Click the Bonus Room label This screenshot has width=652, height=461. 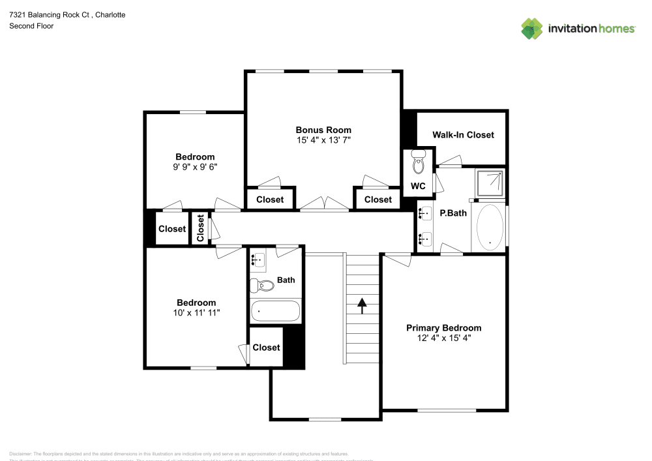pyautogui.click(x=323, y=130)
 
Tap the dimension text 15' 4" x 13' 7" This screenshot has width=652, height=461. pyautogui.click(x=323, y=140)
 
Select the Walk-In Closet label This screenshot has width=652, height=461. pyautogui.click(x=463, y=135)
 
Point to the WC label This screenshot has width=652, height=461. pyautogui.click(x=418, y=186)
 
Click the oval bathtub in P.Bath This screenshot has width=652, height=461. pyautogui.click(x=490, y=227)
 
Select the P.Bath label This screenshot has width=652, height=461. pyautogui.click(x=453, y=213)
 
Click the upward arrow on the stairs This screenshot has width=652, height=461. pyautogui.click(x=361, y=303)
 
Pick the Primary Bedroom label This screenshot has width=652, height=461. pyautogui.click(x=443, y=328)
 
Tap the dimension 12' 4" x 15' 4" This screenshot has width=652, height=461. pyautogui.click(x=443, y=338)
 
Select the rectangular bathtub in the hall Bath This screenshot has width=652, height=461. pyautogui.click(x=275, y=311)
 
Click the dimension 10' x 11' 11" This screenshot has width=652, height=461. pyautogui.click(x=196, y=313)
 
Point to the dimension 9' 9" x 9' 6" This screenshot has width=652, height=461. pyautogui.click(x=195, y=167)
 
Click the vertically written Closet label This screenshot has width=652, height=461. pyautogui.click(x=201, y=228)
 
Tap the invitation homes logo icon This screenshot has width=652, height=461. pyautogui.click(x=532, y=28)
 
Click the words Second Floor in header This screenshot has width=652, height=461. pyautogui.click(x=31, y=26)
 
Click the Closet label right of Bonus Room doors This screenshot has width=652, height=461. pyautogui.click(x=378, y=200)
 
